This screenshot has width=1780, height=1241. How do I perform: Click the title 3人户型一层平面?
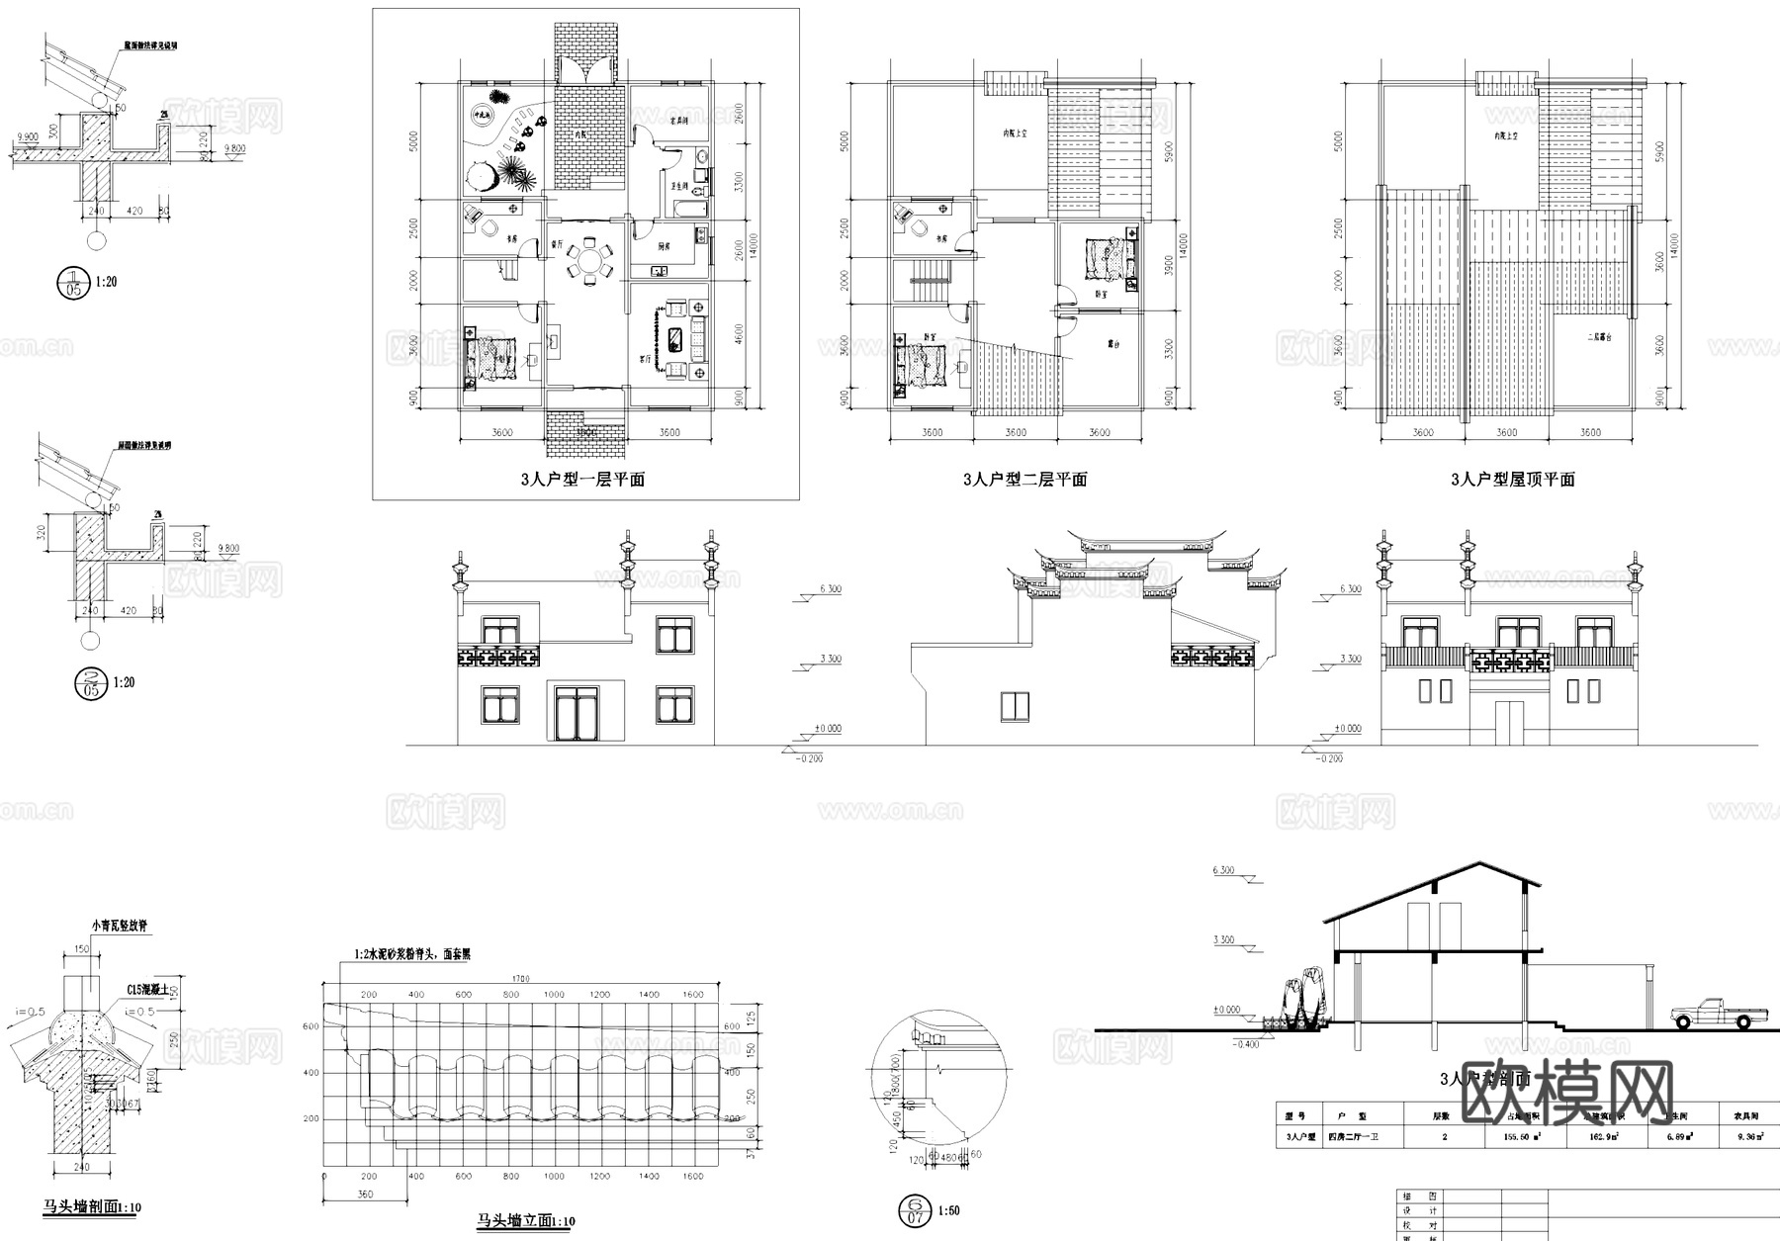point(582,480)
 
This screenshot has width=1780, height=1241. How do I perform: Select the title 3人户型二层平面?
point(1024,480)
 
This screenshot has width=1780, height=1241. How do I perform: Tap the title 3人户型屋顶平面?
point(1512,480)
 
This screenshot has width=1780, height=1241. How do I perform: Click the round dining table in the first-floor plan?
point(590,262)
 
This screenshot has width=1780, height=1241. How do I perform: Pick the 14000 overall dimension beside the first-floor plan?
point(753,244)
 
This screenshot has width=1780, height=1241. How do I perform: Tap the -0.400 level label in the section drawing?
point(1246,1044)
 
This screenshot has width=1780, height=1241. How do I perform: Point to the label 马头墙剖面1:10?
point(93,1207)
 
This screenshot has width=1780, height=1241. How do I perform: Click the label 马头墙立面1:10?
point(525,1221)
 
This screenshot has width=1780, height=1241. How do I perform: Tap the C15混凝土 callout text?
point(148,990)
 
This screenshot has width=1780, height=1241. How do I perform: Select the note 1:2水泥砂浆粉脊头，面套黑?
point(412,955)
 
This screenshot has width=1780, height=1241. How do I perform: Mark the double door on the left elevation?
point(578,712)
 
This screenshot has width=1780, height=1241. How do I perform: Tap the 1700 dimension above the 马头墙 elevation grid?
point(521,979)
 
